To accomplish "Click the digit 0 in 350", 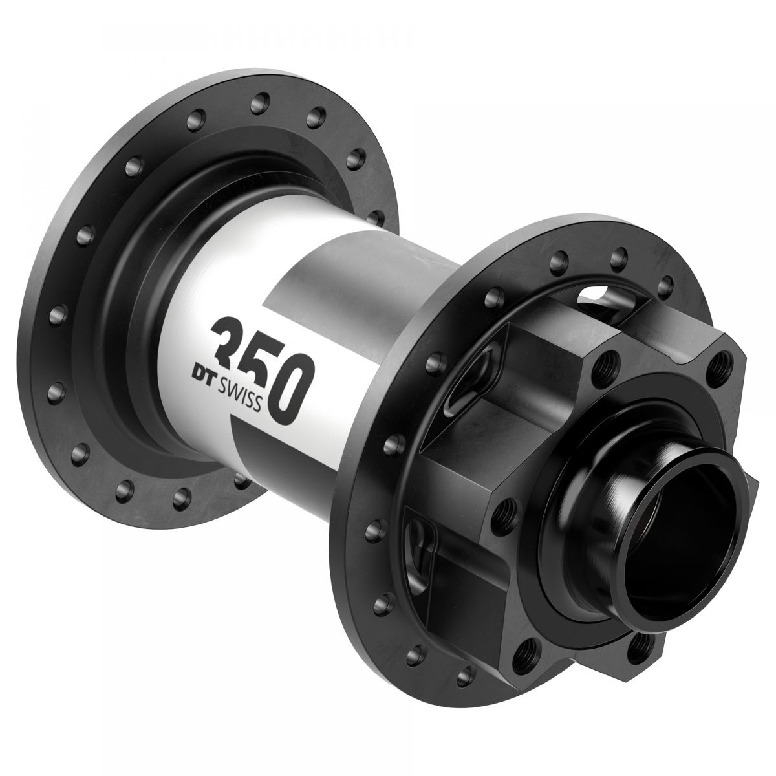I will coord(288,393).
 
